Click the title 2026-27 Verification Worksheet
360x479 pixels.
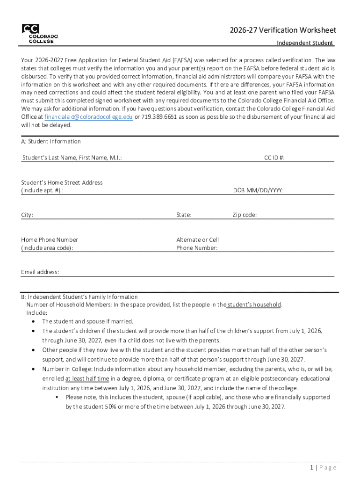pyautogui.click(x=282, y=30)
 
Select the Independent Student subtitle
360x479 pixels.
pyautogui.click(x=304, y=43)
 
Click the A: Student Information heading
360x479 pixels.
pyautogui.click(x=51, y=141)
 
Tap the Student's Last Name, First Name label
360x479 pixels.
pyautogui.click(x=72, y=158)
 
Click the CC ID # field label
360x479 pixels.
pyautogui.click(x=274, y=158)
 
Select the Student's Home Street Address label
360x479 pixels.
pyautogui.click(x=62, y=182)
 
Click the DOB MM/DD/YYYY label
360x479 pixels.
pyautogui.click(x=259, y=190)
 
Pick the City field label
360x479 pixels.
pyautogui.click(x=27, y=215)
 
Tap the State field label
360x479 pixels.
pyautogui.click(x=184, y=215)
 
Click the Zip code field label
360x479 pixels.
pyautogui.click(x=245, y=215)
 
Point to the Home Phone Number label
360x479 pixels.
pyautogui.click(x=50, y=240)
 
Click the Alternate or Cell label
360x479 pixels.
pyautogui.click(x=197, y=240)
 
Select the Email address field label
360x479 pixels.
pyautogui.click(x=40, y=272)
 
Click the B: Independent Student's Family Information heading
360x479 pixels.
pyautogui.click(x=79, y=297)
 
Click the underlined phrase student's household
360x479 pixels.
pyautogui.click(x=253, y=305)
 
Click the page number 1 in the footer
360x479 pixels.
pyautogui.click(x=310, y=468)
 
